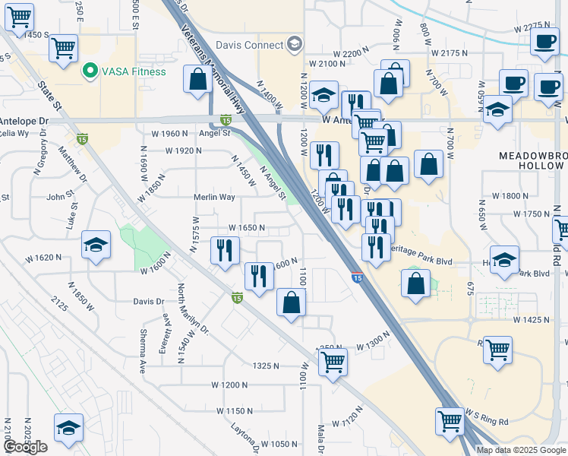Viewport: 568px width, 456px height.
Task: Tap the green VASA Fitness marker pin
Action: coord(89,72)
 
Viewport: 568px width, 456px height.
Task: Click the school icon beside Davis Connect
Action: coord(295,44)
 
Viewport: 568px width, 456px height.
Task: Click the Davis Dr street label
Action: coord(149,301)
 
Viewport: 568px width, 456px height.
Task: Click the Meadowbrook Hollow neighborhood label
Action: coord(532,160)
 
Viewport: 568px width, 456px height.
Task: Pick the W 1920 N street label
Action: coord(182,150)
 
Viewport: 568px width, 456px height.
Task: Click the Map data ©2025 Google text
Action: coord(521,450)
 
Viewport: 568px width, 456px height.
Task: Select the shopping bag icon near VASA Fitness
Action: coord(197,79)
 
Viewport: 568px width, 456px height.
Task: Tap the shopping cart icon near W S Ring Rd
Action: coord(450,420)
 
